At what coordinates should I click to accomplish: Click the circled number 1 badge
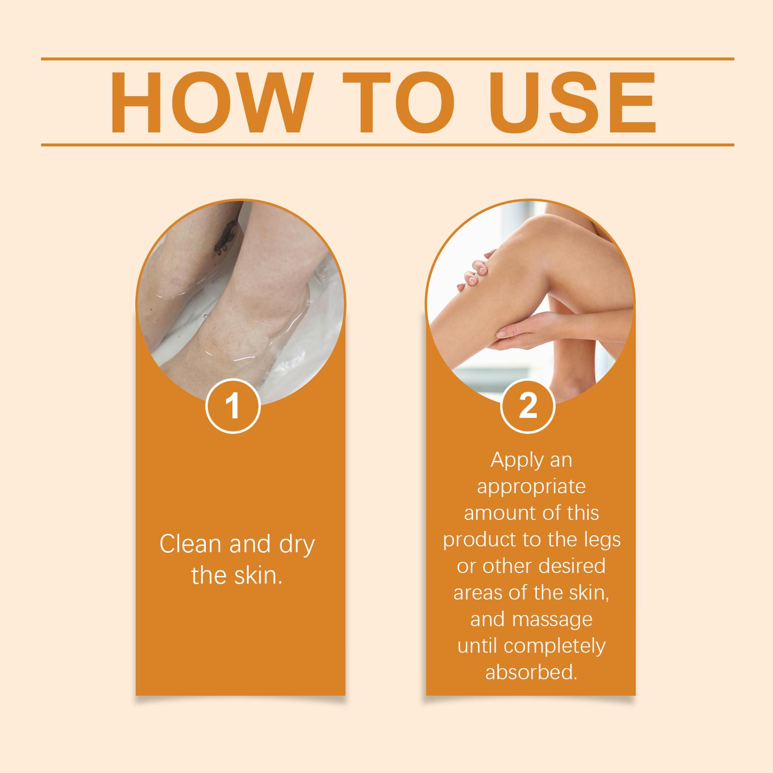[x=233, y=406]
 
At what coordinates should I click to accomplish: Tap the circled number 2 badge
[x=528, y=406]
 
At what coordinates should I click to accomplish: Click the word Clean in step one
[x=191, y=544]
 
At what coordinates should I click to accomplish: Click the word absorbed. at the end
[x=531, y=673]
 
